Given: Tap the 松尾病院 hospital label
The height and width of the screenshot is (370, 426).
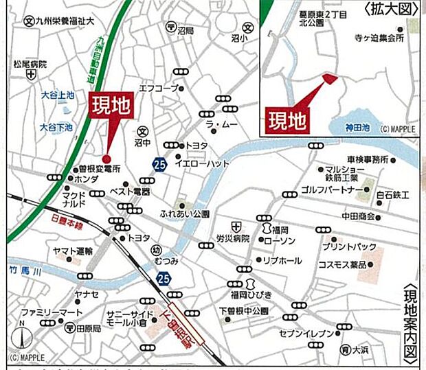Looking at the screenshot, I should (30, 64).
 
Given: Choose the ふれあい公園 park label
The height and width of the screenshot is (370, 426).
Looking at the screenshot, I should (183, 213).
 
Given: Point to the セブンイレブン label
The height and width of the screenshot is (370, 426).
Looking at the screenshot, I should (307, 334).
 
